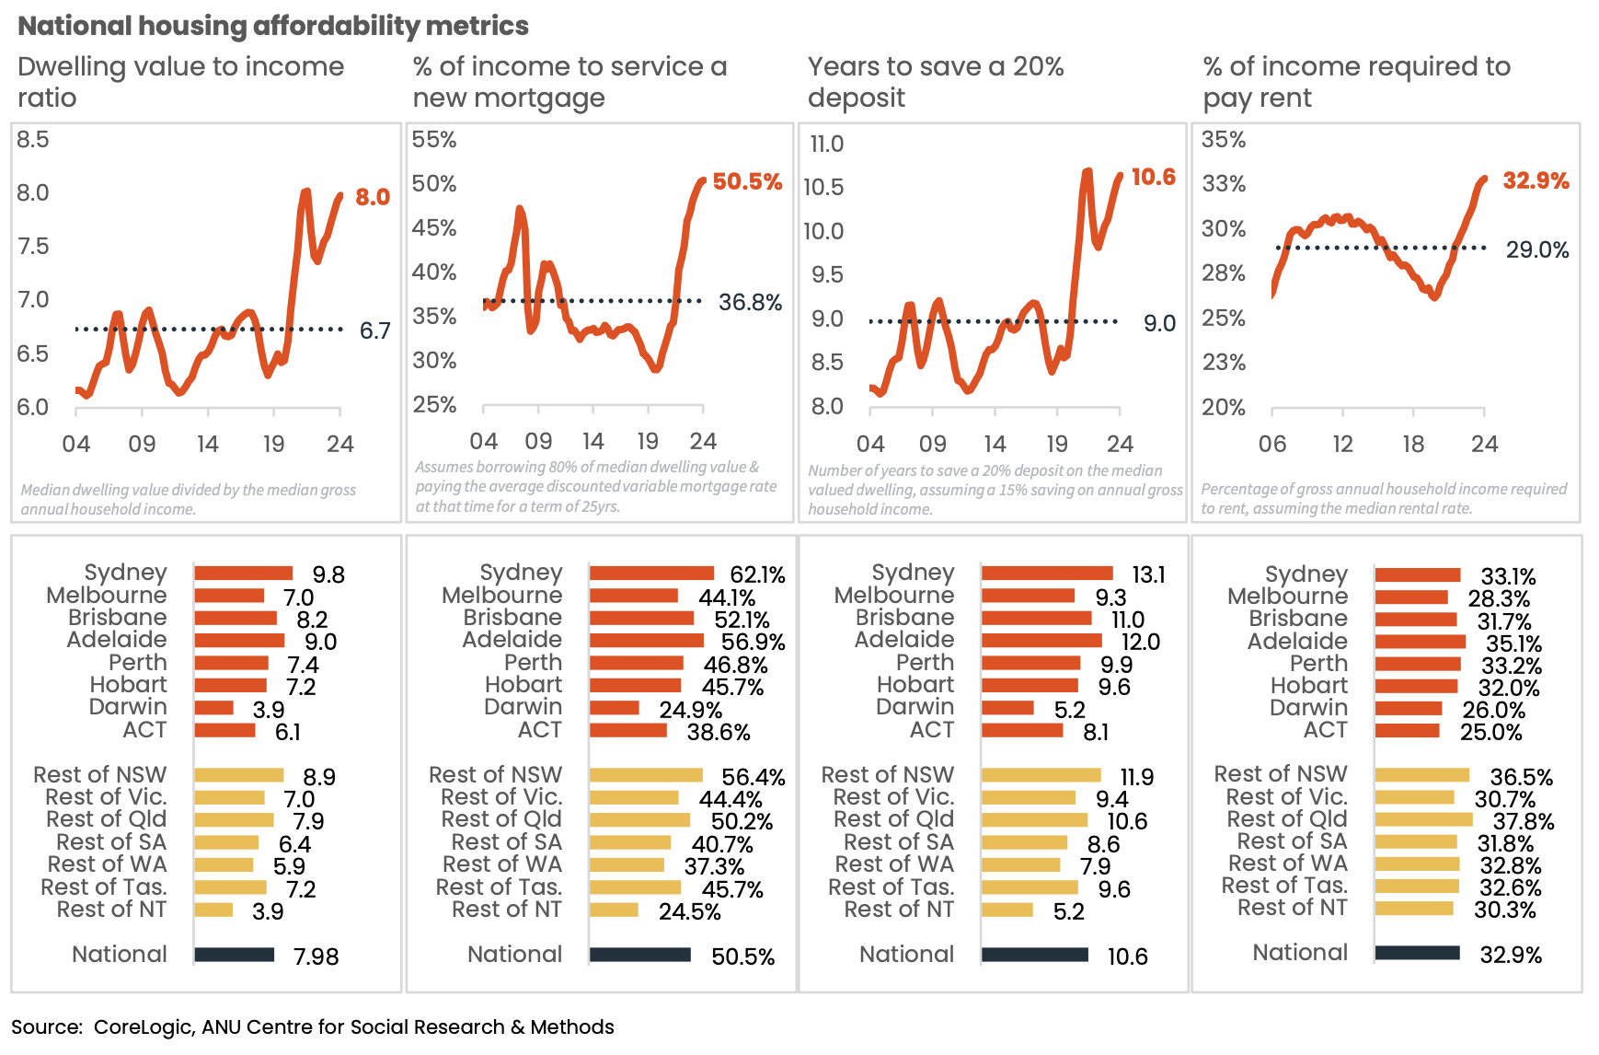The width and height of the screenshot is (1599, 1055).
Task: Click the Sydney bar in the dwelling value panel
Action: [243, 574]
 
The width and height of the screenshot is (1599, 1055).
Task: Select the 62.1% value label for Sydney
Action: [757, 575]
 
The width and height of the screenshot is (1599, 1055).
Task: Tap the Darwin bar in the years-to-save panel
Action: [1007, 708]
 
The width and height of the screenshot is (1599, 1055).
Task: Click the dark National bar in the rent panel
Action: [1417, 953]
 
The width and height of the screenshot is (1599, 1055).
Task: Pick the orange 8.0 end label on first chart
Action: [373, 197]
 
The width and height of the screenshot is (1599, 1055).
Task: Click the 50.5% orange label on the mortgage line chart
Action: [747, 181]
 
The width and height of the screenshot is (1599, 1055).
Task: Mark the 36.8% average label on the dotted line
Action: [750, 302]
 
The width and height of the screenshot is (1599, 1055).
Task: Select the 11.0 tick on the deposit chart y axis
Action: [826, 145]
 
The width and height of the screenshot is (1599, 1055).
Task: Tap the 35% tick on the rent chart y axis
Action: [1224, 140]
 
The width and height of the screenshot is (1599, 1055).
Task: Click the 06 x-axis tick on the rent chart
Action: [1272, 444]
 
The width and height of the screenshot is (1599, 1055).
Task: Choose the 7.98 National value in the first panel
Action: [316, 956]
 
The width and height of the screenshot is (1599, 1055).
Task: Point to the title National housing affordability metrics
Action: [273, 26]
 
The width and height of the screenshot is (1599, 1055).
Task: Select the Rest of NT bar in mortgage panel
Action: [614, 910]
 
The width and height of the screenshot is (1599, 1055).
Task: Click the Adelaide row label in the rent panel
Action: [1297, 641]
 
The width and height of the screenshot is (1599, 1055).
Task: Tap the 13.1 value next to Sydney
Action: [1148, 575]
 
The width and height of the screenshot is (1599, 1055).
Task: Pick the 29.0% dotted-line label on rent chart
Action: [1536, 249]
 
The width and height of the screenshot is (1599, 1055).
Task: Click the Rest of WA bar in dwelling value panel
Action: [224, 864]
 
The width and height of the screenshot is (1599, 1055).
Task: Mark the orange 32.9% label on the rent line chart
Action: [1536, 180]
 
